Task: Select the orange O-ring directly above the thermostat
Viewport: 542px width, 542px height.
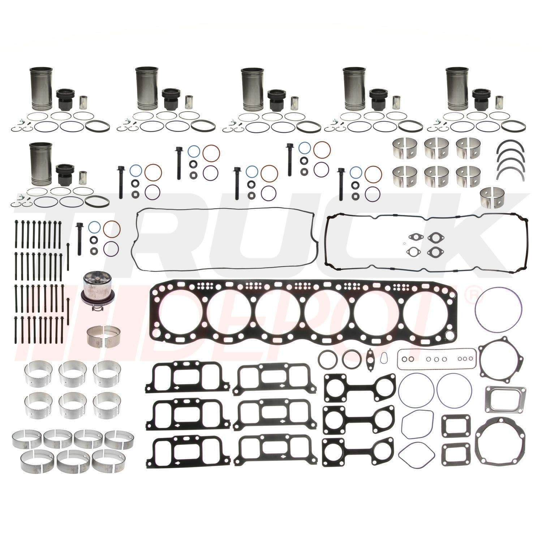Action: pyautogui.click(x=112, y=228)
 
